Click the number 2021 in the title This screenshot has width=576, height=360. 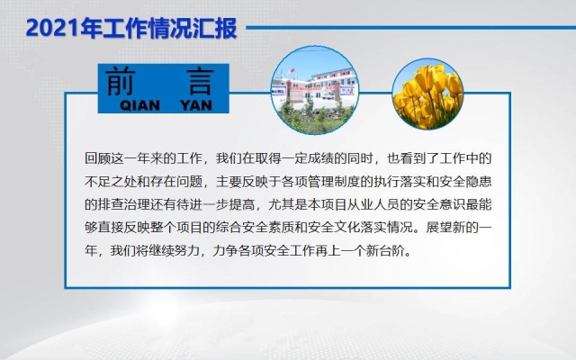tap(50, 28)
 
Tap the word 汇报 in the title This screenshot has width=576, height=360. tap(216, 28)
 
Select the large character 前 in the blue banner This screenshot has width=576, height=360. tap(124, 82)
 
